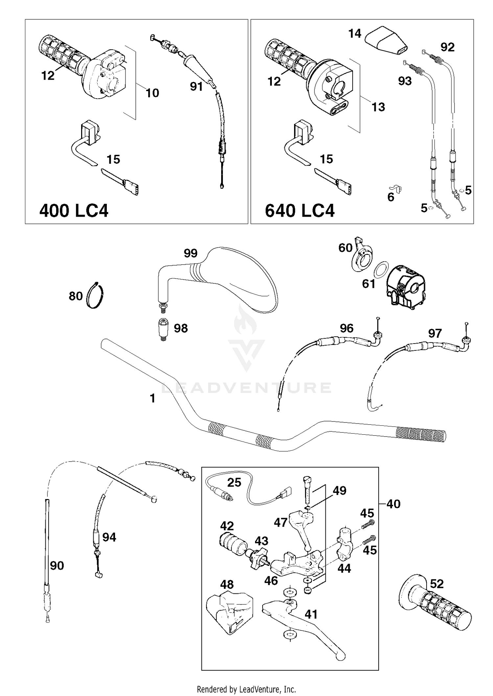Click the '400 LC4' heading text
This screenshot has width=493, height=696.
tap(74, 210)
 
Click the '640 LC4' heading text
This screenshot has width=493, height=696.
tap(299, 211)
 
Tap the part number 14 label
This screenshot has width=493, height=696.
tap(355, 34)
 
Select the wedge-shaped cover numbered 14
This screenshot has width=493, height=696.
tap(387, 40)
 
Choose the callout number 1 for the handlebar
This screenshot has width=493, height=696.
tap(153, 398)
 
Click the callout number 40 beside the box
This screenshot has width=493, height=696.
tap(393, 504)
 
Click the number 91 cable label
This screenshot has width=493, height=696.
tap(196, 86)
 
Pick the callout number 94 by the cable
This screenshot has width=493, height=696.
tap(109, 537)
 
